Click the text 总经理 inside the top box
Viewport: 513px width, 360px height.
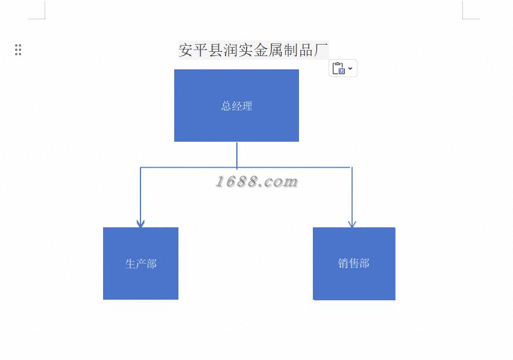236,106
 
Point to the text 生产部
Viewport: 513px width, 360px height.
141,264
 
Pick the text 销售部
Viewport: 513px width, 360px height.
354,264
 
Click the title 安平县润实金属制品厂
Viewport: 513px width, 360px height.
253,50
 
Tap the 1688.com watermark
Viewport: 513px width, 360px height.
257,182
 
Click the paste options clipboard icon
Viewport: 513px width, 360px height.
339,68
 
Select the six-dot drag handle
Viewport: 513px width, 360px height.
18,50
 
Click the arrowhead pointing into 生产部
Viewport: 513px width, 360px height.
140,224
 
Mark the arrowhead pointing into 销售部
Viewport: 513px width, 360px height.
352,224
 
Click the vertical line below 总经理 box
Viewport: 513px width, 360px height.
237,154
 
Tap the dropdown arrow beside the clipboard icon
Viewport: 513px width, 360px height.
350,68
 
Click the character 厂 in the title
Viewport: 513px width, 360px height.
321,50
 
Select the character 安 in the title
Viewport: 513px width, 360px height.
186,50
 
